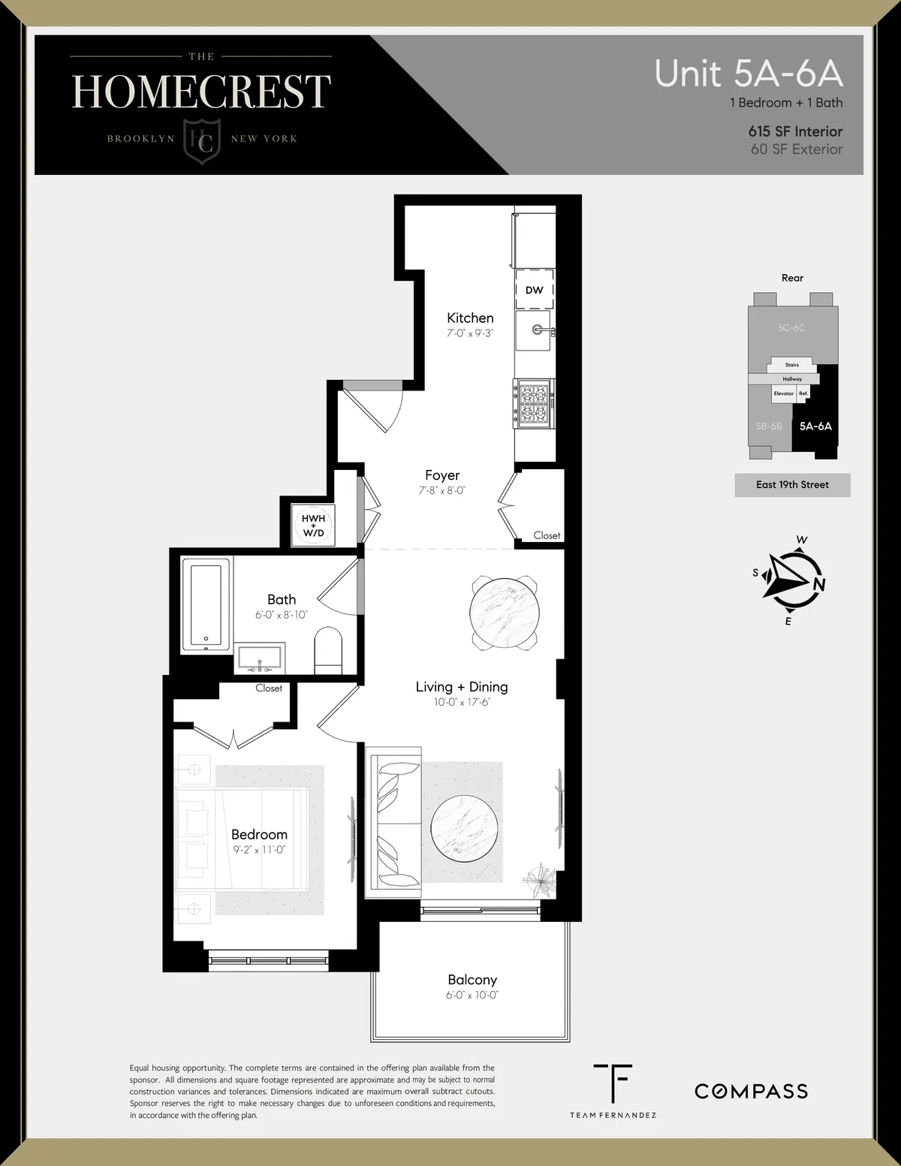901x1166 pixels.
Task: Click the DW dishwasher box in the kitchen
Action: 534,290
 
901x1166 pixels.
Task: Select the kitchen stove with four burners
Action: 534,404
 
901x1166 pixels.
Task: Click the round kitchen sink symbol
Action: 537,330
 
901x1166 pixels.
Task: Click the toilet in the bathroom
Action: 327,650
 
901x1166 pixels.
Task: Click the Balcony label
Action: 472,980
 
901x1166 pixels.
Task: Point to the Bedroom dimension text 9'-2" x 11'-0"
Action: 259,850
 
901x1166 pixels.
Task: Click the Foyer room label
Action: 442,475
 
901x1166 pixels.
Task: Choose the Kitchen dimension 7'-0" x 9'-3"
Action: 470,333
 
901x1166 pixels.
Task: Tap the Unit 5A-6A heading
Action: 748,74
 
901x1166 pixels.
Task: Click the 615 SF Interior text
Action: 795,131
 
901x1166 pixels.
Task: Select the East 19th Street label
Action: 792,485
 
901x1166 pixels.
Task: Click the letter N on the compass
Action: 819,585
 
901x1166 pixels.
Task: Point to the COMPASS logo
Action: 751,1091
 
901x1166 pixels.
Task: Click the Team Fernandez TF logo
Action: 612,1083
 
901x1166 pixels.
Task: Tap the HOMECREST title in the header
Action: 201,92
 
